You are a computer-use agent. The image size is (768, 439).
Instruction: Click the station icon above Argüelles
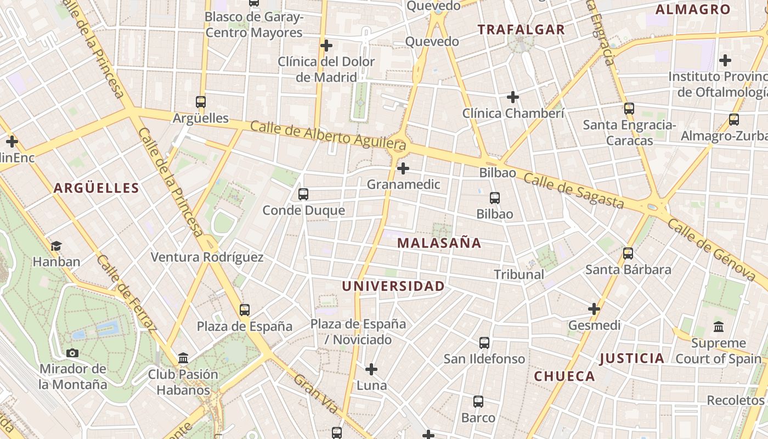click(x=201, y=102)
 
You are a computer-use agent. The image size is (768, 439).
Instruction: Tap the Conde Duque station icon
click(x=303, y=194)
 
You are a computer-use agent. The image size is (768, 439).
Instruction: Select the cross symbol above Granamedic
click(x=403, y=168)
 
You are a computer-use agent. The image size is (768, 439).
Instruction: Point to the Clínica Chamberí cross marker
click(x=513, y=97)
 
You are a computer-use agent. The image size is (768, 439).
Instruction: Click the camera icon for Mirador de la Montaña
click(x=72, y=353)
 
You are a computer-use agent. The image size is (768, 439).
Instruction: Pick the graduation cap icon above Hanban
click(x=56, y=245)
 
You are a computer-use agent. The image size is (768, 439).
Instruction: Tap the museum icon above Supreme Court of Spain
click(x=719, y=327)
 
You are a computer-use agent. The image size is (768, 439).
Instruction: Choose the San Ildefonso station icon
click(x=484, y=342)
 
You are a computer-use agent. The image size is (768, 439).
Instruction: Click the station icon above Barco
click(x=478, y=402)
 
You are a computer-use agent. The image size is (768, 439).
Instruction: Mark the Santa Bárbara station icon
click(x=628, y=254)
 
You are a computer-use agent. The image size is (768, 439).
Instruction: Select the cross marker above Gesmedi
click(x=594, y=309)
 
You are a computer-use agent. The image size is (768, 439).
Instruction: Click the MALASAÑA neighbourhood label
click(x=439, y=243)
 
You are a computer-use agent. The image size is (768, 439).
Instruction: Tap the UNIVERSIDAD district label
click(x=393, y=286)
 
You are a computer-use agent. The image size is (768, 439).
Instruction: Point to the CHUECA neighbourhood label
click(x=564, y=376)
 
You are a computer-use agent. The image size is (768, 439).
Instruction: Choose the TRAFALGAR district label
click(x=521, y=30)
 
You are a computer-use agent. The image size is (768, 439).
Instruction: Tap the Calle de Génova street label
click(x=711, y=250)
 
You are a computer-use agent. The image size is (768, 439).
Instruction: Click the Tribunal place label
click(x=519, y=274)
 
